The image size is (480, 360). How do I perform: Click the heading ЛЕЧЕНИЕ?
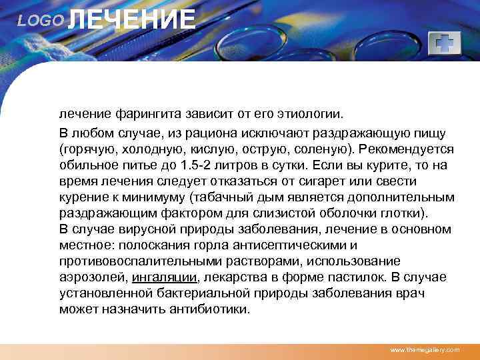pyautogui.click(x=132, y=19)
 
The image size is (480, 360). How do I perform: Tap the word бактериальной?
pyautogui.click(x=187, y=294)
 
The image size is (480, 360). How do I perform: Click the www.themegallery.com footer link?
pyautogui.click(x=424, y=350)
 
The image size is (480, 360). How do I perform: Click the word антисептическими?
pyautogui.click(x=291, y=245)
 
